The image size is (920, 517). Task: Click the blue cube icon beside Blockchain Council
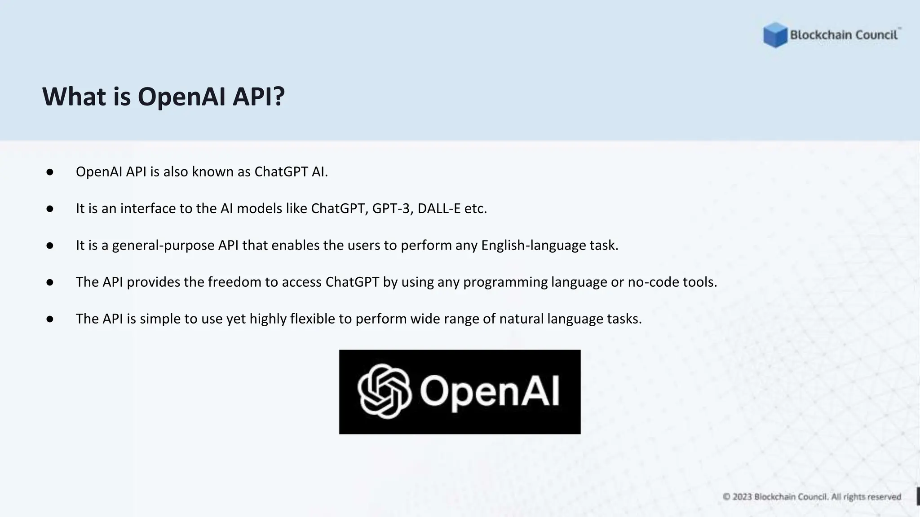pos(775,35)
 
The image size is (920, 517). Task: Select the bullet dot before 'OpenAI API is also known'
pos(50,172)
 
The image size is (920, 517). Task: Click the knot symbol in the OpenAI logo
pos(385,391)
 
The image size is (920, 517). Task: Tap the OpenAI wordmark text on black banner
pos(490,391)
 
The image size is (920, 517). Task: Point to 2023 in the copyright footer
pos(742,497)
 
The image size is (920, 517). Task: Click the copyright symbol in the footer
pos(727,497)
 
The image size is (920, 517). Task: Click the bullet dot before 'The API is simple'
pos(50,319)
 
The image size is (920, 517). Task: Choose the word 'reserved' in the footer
pos(885,497)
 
